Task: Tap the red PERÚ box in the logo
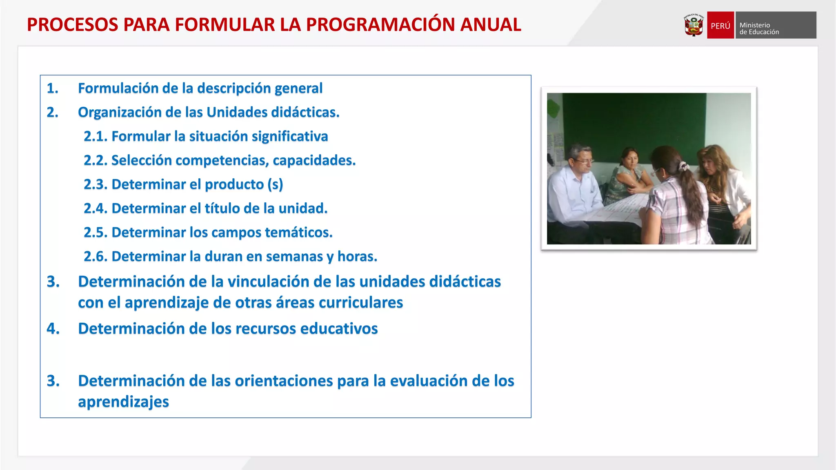coord(720,25)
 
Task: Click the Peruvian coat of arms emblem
coord(694,25)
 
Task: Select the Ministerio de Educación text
coord(759,28)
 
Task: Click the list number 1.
coord(52,88)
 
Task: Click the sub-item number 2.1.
coord(96,136)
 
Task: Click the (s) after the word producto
coord(275,184)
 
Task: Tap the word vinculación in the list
coord(279,282)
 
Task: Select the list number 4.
coord(53,328)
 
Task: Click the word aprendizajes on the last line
coord(123,402)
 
